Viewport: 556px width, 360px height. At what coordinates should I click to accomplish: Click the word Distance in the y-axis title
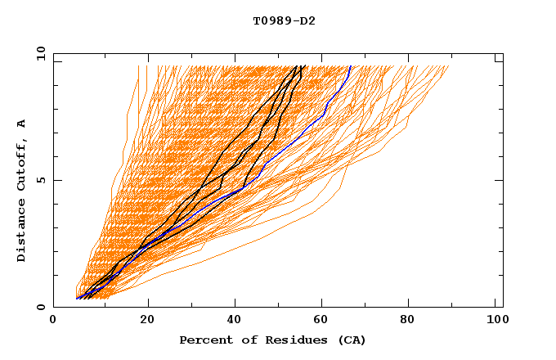[21, 234]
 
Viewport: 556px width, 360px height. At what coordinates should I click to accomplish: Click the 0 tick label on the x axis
[53, 321]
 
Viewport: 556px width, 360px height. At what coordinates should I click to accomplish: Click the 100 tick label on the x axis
[495, 321]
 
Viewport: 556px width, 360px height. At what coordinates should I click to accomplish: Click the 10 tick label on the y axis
[38, 53]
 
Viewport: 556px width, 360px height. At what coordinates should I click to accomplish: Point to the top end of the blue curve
[351, 66]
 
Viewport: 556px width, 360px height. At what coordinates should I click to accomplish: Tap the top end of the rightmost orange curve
[449, 66]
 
